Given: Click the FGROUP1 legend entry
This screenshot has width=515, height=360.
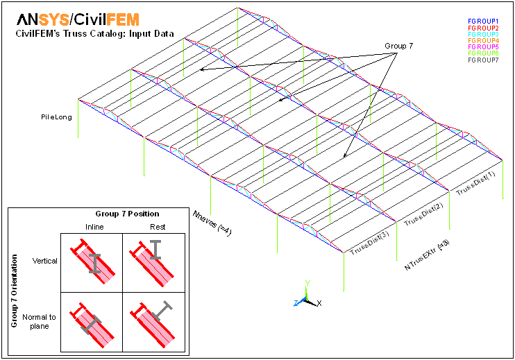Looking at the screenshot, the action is pos(483,22).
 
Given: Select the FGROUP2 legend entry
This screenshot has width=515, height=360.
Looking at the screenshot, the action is pos(483,28).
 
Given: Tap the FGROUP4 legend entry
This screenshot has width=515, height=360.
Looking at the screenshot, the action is pos(483,40).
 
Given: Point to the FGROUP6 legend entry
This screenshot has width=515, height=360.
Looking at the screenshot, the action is pos(483,53).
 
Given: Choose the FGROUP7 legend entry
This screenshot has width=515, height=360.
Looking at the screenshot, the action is pos(483,60).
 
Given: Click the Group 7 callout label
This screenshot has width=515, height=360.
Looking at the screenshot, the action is pos(398,46).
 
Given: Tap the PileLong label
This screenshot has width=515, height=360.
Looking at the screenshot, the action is pos(56,117).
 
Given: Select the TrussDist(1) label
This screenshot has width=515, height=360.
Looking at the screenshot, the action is pos(475,183).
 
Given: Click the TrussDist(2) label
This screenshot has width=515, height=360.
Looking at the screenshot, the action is pos(423,214).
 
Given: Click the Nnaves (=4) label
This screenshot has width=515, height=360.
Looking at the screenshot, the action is pos(212,223).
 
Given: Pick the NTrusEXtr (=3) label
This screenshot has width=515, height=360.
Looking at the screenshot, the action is pos(427,255).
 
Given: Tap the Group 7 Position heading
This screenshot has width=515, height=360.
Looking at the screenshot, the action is pos(128,214).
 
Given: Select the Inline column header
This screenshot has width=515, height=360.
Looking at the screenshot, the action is pos(94,227).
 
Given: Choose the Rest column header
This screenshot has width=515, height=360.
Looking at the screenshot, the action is pos(158,227).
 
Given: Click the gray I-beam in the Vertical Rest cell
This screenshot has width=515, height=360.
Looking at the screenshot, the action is pos(155,250).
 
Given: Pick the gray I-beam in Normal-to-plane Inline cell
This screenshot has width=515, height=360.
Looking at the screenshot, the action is pos(91,325).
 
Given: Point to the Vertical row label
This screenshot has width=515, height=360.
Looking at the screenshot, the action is pos(44,261).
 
